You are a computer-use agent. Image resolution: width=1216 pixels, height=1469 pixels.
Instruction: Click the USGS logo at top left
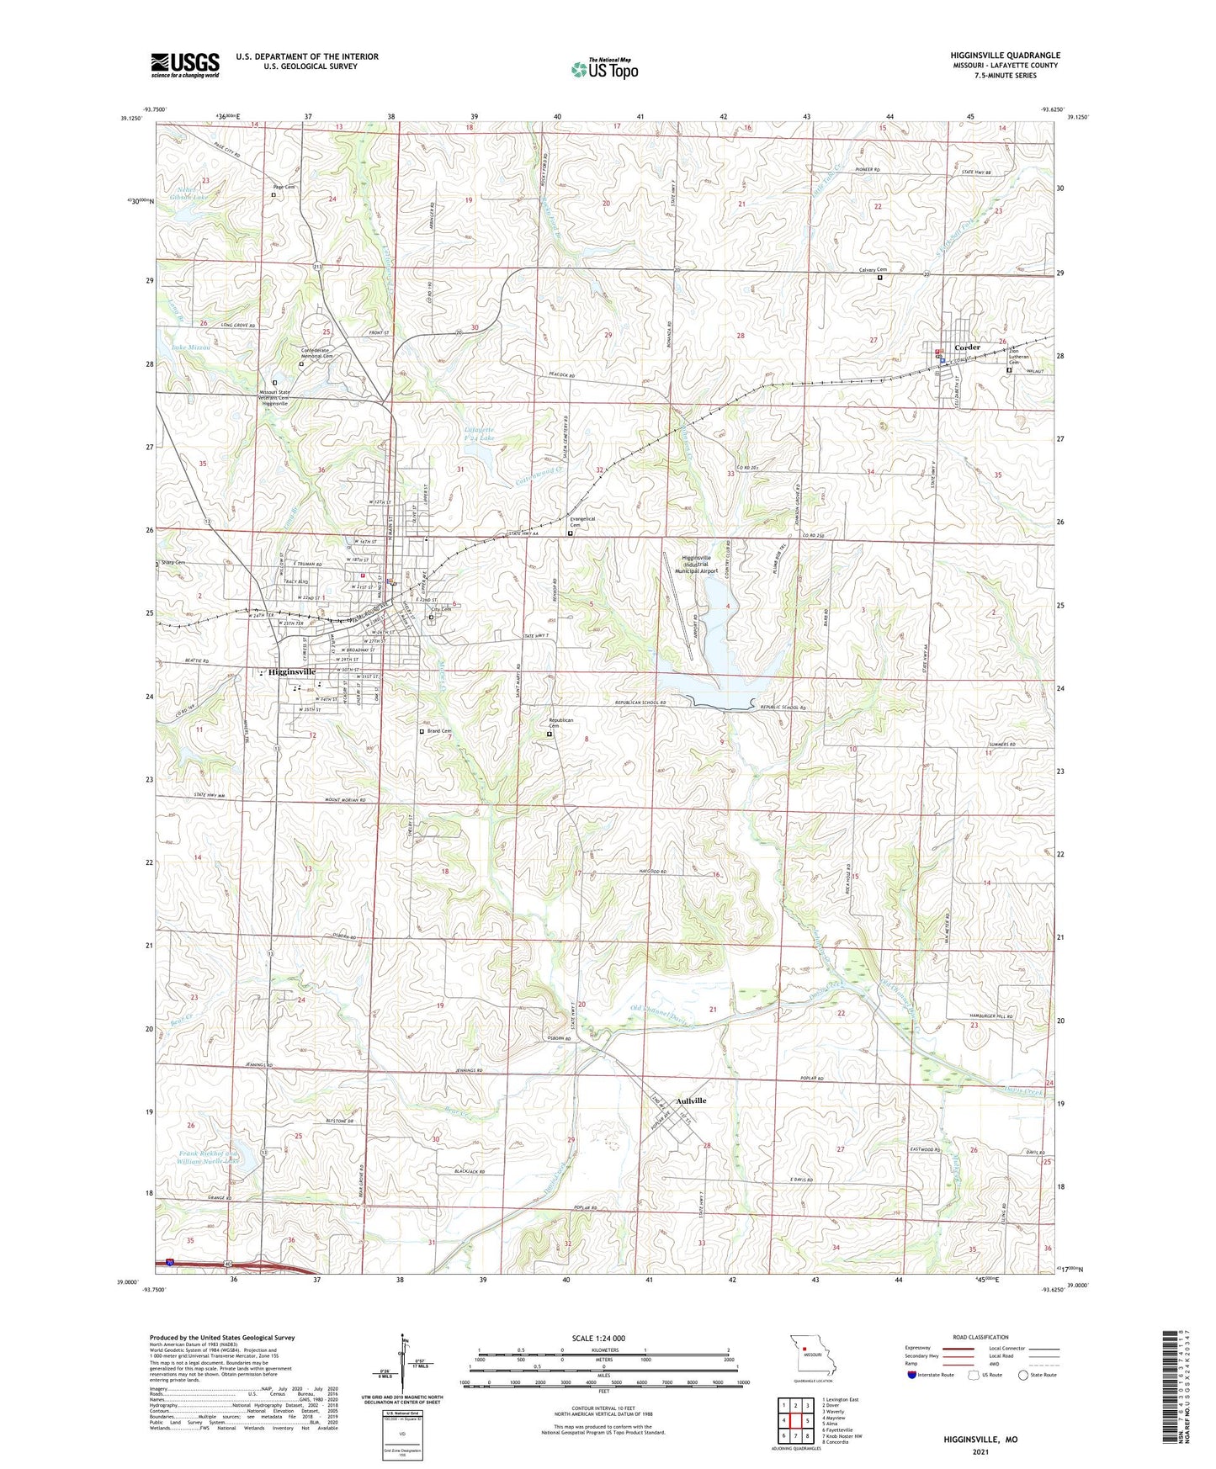coord(184,65)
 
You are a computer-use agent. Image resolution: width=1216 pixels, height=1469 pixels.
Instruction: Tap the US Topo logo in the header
coord(604,69)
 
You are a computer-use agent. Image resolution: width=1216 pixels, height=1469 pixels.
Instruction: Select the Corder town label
coord(968,347)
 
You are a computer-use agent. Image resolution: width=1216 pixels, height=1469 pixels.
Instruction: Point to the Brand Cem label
coord(439,731)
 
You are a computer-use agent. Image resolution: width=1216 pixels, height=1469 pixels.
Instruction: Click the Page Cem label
coord(284,187)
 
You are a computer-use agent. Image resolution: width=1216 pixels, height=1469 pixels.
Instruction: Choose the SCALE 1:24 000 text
coord(598,1338)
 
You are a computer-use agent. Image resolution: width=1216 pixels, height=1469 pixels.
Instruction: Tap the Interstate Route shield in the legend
coord(914,1375)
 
